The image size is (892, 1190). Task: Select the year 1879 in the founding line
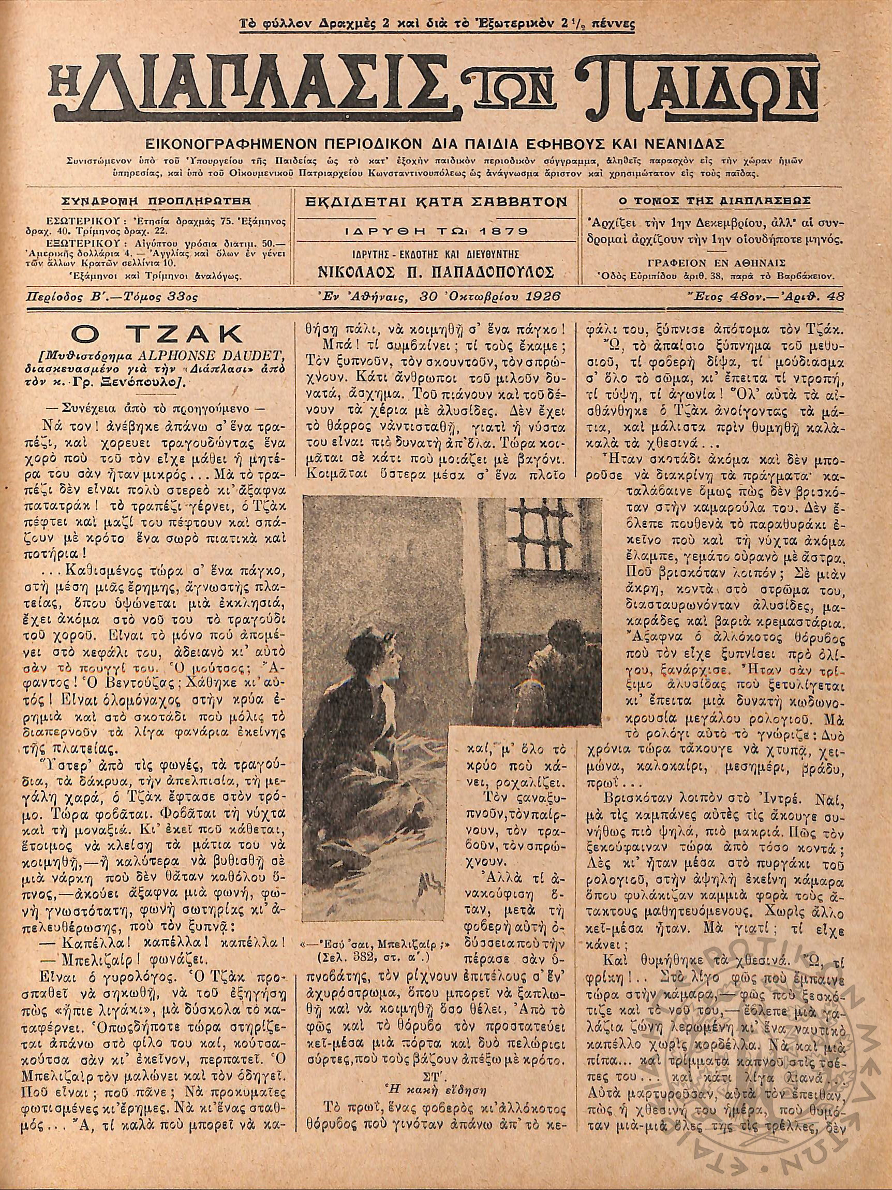click(x=504, y=231)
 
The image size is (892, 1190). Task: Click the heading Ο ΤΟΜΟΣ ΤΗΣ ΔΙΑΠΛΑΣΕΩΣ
click(x=715, y=201)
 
